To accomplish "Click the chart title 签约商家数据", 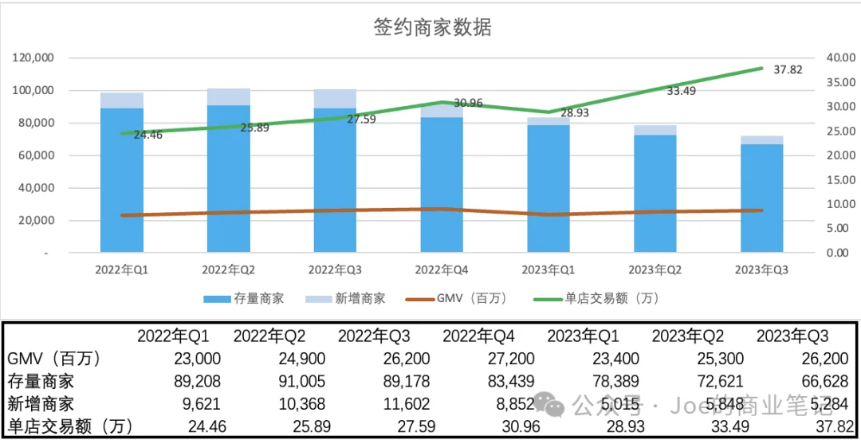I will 432,27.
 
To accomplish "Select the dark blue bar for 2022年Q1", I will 122,179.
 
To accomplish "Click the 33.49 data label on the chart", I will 681,90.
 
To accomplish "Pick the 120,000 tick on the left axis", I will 33,58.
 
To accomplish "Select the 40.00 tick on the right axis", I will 837,58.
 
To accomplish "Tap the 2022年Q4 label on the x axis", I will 442,270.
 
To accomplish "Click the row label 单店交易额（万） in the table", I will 69,426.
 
